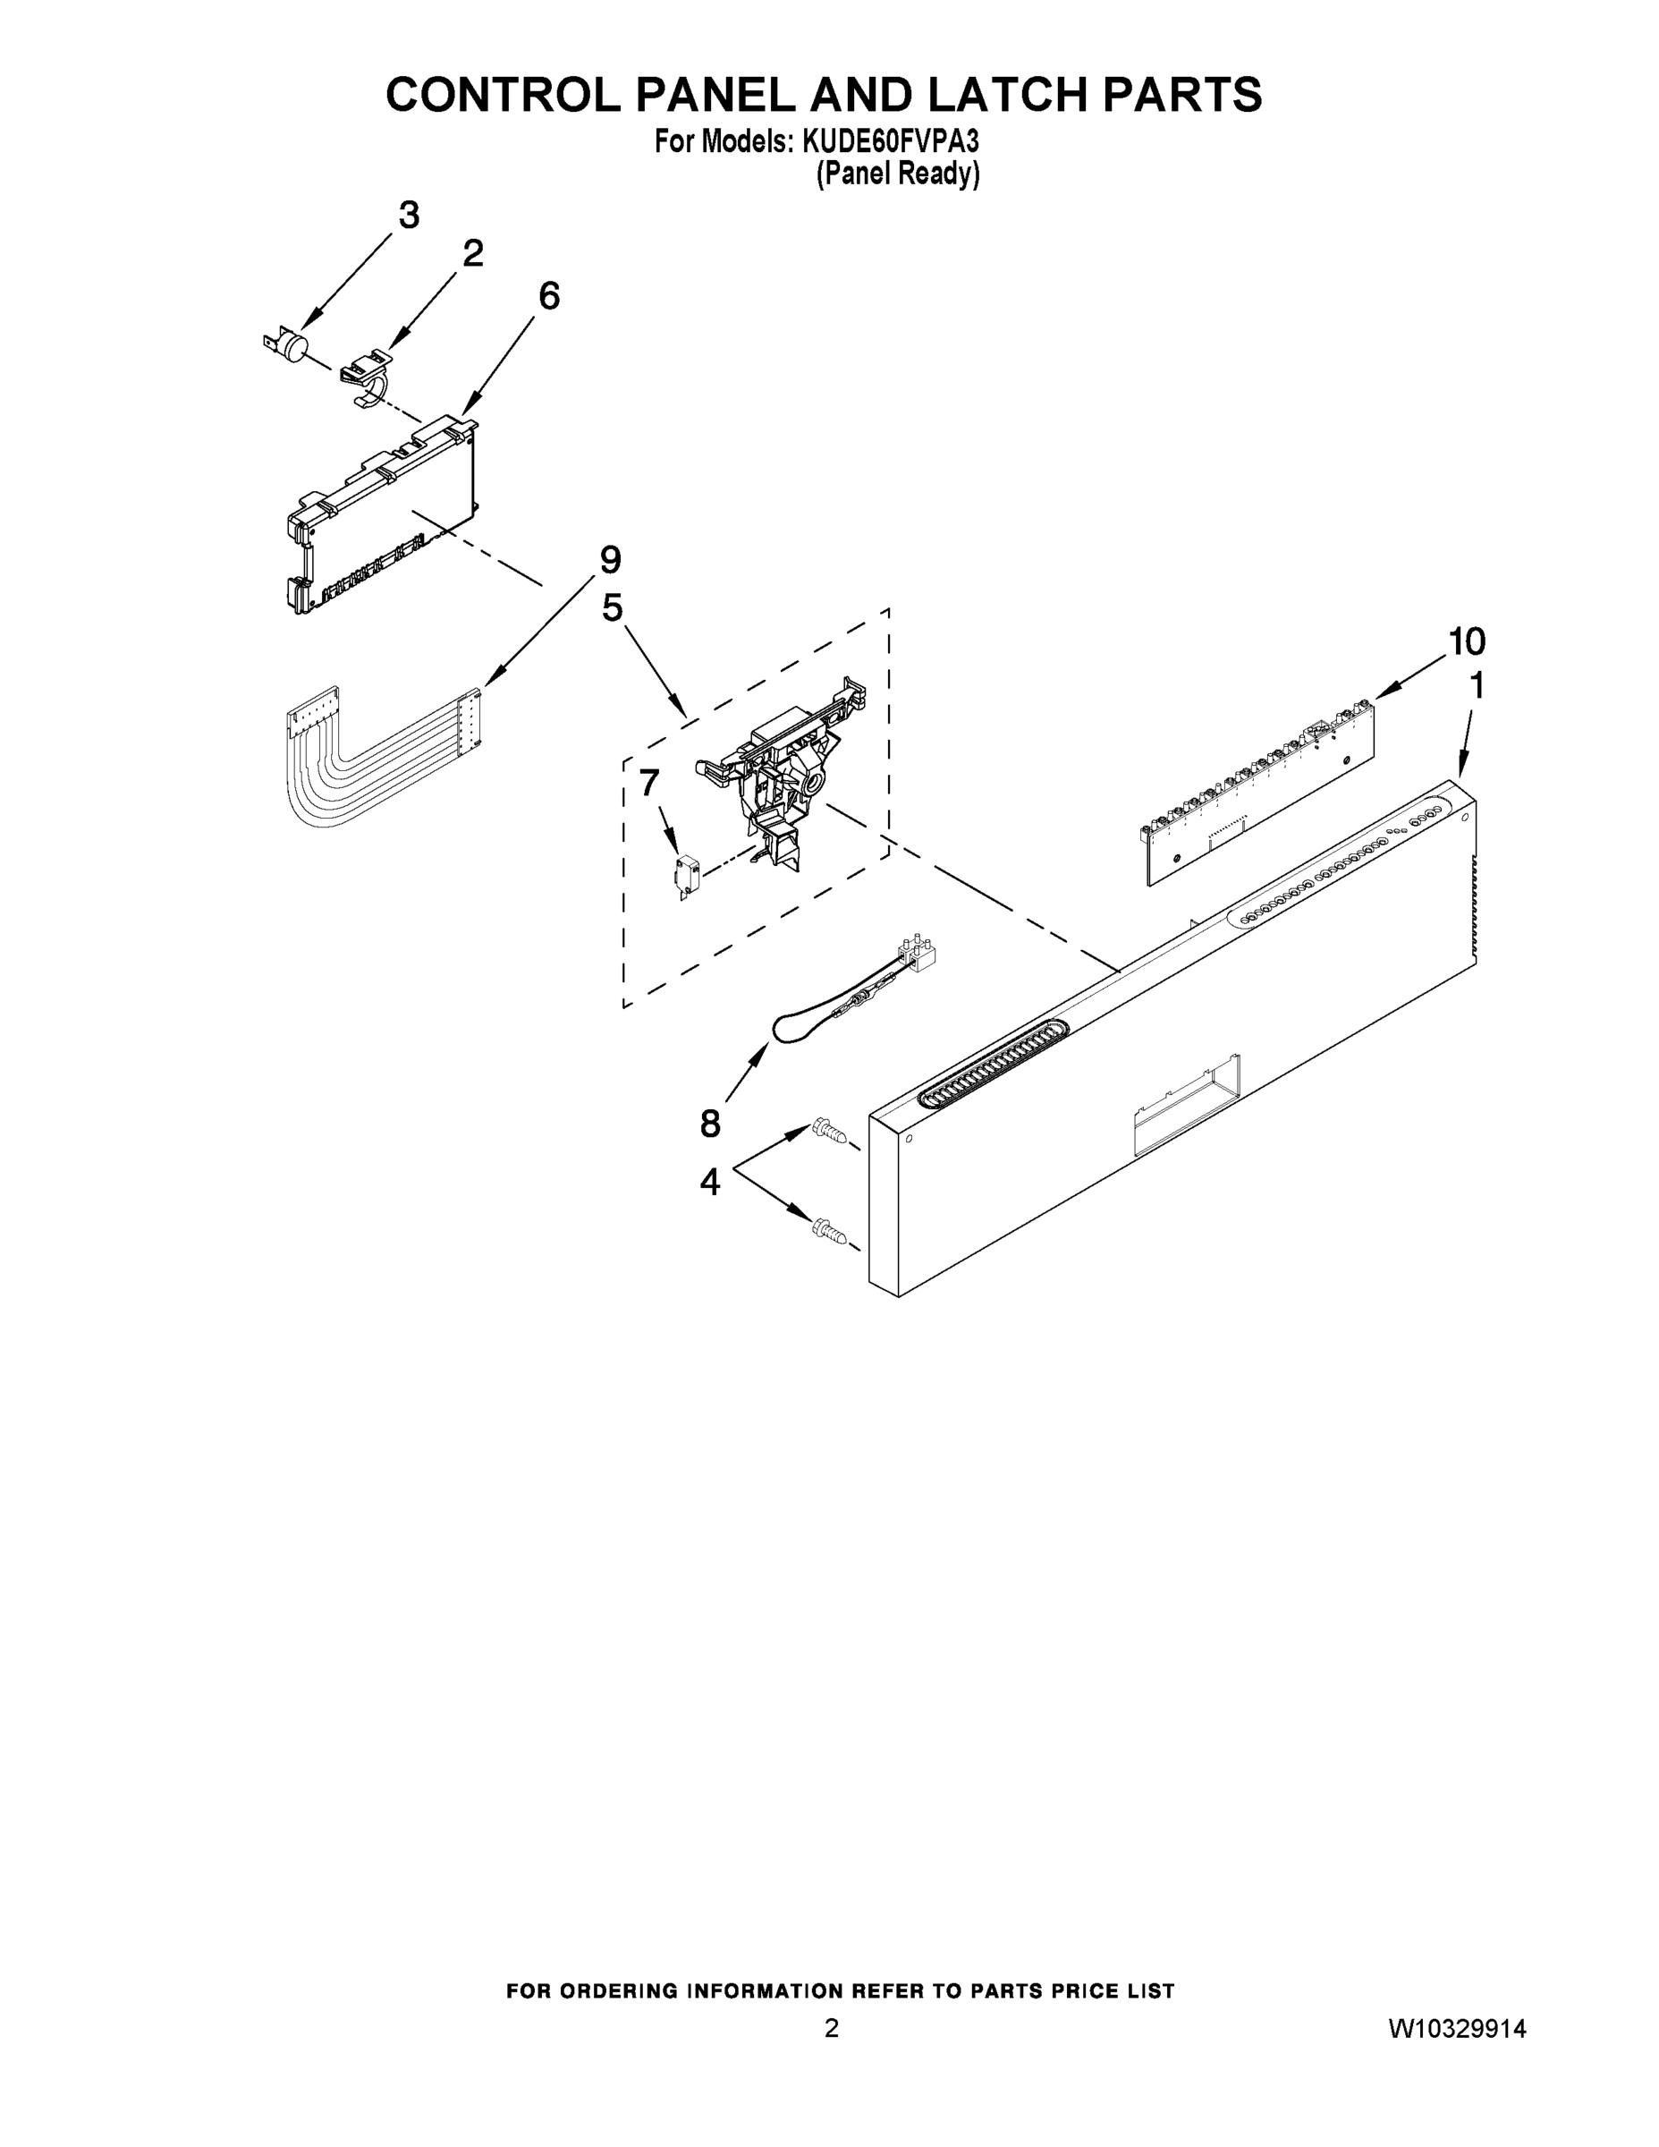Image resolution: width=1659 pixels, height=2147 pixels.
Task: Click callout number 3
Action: click(x=408, y=215)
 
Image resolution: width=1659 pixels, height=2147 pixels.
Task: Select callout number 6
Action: click(x=549, y=295)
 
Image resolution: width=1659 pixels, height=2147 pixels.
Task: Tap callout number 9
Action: click(x=610, y=560)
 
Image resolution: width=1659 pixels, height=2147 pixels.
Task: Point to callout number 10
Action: click(x=1467, y=642)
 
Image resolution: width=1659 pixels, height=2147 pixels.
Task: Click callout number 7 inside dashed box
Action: click(x=648, y=783)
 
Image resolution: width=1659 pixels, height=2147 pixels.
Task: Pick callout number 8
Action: click(x=709, y=1123)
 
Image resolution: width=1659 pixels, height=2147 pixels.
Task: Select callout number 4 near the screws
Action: click(x=709, y=1182)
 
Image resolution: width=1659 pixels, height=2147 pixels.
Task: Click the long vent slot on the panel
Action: click(x=993, y=1064)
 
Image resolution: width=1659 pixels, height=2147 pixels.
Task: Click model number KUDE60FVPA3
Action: click(x=891, y=141)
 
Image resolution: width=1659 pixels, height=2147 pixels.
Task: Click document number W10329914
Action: click(x=1457, y=2028)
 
